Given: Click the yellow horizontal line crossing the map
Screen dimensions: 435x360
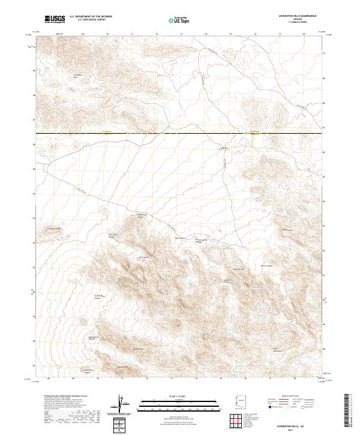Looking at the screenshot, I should tap(180, 133).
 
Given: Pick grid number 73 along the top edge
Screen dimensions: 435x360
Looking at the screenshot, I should tap(181, 35).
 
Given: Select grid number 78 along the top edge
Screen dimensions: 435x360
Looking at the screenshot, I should tap(305, 35).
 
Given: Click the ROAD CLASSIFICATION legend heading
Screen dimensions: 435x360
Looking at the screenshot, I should tap(290, 397).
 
